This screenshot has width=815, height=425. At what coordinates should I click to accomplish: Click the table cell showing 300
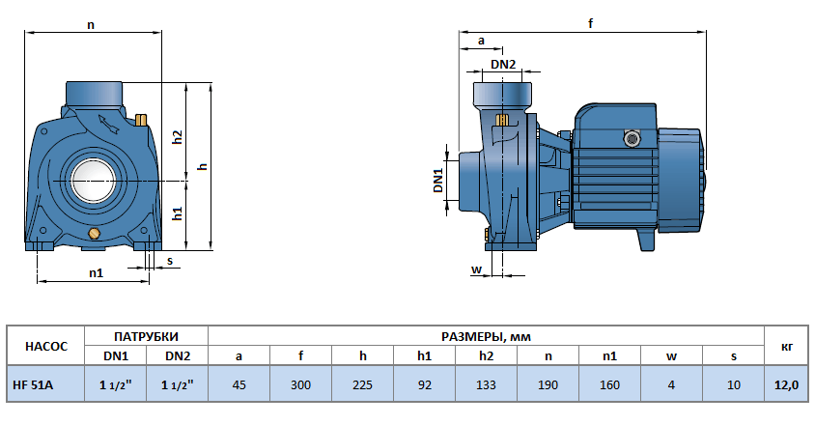tap(300, 384)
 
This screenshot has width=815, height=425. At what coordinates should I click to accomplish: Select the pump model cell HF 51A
tap(34, 384)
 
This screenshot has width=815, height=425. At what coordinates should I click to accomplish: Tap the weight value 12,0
tap(786, 384)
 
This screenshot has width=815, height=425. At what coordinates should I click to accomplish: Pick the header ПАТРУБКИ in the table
tap(147, 336)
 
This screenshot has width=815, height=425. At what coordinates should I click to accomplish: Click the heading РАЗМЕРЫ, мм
tap(486, 336)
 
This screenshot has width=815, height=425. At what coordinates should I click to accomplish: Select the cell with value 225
tap(362, 384)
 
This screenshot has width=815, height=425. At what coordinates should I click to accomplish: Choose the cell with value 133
tap(486, 384)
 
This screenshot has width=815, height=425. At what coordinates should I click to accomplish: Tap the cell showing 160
tap(609, 384)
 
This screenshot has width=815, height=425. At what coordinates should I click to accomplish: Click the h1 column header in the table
tap(424, 355)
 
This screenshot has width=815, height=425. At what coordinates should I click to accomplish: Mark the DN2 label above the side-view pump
tap(503, 65)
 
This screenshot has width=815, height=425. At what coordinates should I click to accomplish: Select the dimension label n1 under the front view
tap(96, 273)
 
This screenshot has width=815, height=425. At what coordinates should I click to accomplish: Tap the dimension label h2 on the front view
tap(177, 136)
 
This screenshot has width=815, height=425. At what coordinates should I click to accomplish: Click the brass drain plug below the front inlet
tap(95, 235)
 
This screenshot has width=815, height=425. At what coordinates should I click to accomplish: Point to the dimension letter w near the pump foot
tap(475, 269)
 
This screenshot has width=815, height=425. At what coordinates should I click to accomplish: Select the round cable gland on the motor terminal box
tap(632, 138)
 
